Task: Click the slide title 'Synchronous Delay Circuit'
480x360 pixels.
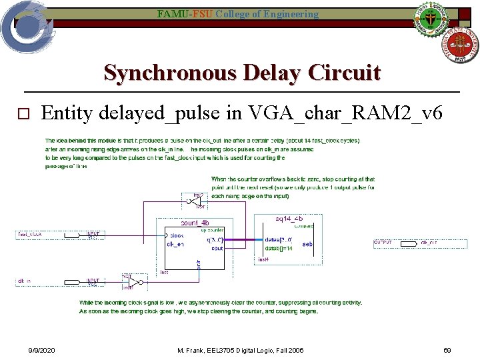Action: click(242, 72)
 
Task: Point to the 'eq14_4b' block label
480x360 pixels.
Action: click(289, 218)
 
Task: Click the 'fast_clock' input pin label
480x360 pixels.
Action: click(31, 235)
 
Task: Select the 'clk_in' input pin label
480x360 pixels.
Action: click(26, 282)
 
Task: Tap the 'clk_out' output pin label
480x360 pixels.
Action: click(429, 243)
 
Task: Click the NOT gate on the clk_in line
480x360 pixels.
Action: click(132, 282)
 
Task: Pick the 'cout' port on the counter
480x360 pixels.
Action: click(217, 249)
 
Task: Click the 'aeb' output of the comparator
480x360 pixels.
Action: click(307, 244)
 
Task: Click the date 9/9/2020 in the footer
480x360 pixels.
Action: click(41, 350)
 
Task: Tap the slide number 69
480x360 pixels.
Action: click(447, 350)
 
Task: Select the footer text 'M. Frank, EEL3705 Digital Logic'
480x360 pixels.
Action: click(241, 350)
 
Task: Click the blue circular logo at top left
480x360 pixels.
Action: click(25, 25)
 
